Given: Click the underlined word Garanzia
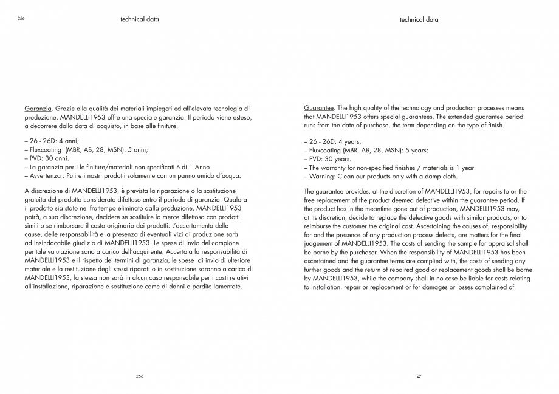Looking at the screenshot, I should (x=37, y=107).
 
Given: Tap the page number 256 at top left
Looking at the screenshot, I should (x=21, y=19).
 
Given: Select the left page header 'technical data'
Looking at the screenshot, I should (x=140, y=19).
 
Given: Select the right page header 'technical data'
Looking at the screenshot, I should (x=419, y=19).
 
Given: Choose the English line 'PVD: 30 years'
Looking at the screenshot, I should (x=324, y=158).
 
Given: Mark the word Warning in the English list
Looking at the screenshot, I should (x=321, y=175).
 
